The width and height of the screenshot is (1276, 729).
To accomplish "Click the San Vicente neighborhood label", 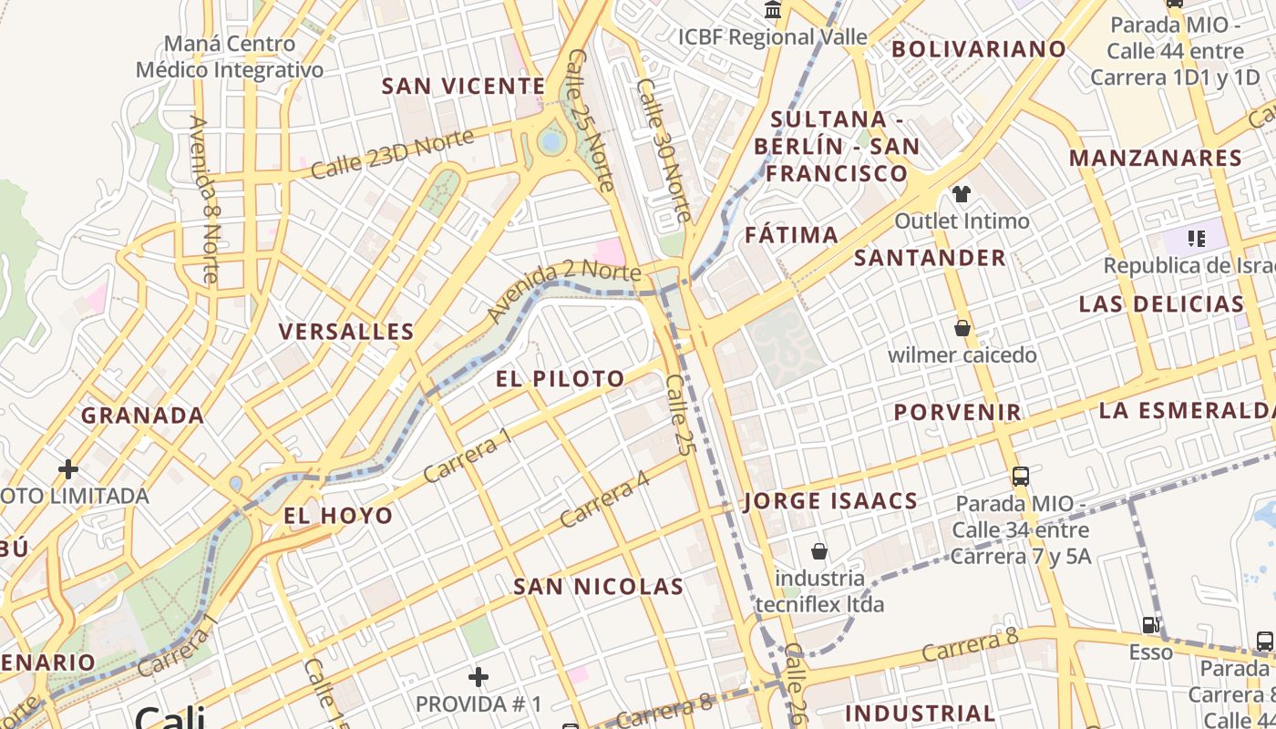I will click(x=463, y=87).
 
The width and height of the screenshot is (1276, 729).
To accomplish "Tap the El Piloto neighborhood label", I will click(x=561, y=379).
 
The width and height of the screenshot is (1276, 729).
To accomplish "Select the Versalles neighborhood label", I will click(x=346, y=332).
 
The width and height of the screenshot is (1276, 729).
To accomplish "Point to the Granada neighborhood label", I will click(x=142, y=416).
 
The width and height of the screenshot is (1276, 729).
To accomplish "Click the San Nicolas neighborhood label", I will click(x=598, y=587).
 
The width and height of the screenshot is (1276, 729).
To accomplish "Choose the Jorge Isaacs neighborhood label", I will click(x=830, y=501).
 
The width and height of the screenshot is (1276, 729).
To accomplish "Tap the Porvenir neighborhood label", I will click(x=958, y=412).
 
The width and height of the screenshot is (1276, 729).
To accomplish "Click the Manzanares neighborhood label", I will click(x=1156, y=159).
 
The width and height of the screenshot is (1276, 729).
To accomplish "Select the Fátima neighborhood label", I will click(x=791, y=235).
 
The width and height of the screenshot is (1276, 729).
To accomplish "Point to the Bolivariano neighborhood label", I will click(x=978, y=49).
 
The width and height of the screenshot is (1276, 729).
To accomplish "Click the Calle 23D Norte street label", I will click(x=392, y=154).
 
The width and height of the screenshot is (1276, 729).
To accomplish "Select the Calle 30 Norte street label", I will click(x=664, y=150).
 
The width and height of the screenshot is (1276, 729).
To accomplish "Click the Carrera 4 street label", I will click(x=605, y=498).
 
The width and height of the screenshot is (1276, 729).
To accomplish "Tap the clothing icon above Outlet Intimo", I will click(x=962, y=193).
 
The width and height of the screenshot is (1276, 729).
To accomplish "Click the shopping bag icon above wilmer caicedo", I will click(x=962, y=328).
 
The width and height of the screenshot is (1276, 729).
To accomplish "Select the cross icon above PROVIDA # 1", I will click(x=478, y=677).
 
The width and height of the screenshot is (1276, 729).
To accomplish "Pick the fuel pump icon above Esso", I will click(x=1151, y=625).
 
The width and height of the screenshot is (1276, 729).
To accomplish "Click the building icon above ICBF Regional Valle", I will click(x=773, y=11).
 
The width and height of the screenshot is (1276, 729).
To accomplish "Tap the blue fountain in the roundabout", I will click(x=551, y=141).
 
